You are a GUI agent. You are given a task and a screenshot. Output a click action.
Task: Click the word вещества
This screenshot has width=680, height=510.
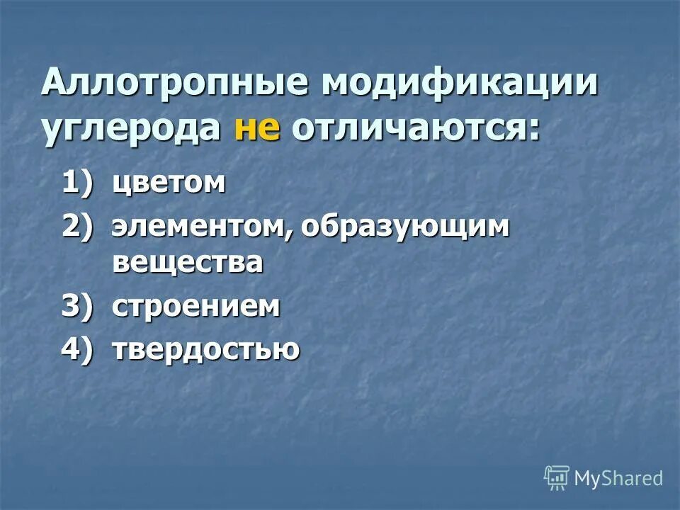click(x=188, y=262)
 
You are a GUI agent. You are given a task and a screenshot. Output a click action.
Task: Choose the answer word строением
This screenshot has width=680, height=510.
click(x=196, y=307)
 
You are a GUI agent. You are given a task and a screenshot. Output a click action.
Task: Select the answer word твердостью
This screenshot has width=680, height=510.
click(x=205, y=350)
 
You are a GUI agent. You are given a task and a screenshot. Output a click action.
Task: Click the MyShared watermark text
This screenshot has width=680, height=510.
click(x=618, y=478)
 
